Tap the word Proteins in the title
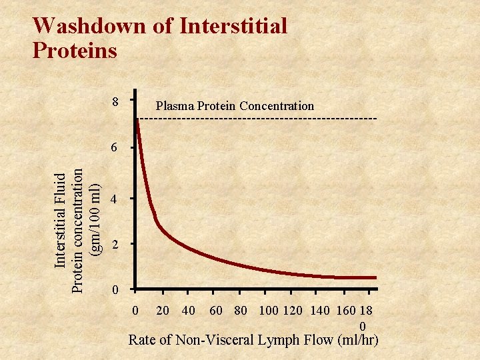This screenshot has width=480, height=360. [75, 50]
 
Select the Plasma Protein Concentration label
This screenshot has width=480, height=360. [234, 105]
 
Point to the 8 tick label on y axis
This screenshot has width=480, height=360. [115, 103]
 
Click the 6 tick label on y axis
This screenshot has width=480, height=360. [115, 148]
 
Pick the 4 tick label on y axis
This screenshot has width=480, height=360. [115, 199]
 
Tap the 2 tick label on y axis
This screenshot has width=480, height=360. [115, 245]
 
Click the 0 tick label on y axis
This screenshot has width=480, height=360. [115, 291]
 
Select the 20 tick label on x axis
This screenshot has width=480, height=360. [162, 311]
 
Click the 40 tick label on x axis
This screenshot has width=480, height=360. [188, 311]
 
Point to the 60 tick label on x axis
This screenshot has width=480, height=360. [216, 311]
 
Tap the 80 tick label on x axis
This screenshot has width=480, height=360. [241, 311]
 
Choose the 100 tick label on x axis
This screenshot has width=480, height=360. [269, 311]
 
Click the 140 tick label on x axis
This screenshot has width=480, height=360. [320, 311]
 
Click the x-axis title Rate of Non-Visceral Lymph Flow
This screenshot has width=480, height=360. [253, 340]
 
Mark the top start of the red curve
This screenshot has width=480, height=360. [136, 120]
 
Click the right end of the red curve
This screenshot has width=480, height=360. [375, 277]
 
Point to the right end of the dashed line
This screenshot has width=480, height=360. [376, 119]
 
